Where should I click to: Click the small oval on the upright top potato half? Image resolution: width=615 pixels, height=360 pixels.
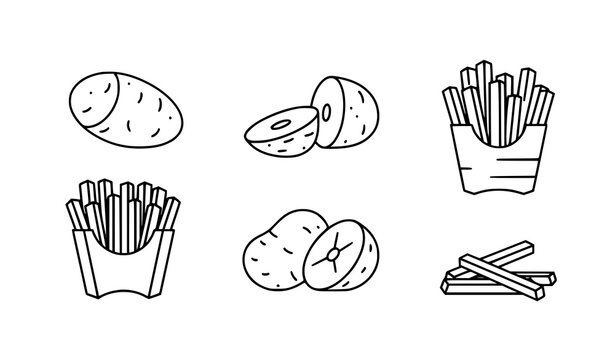coord(330,106)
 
